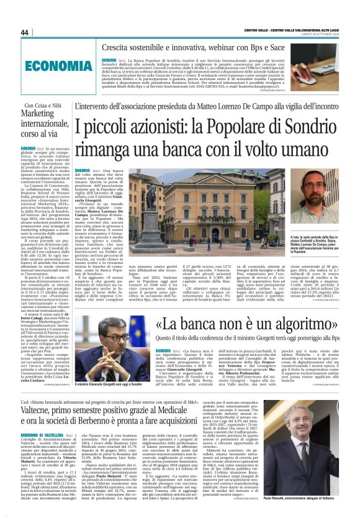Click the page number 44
[25, 32]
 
